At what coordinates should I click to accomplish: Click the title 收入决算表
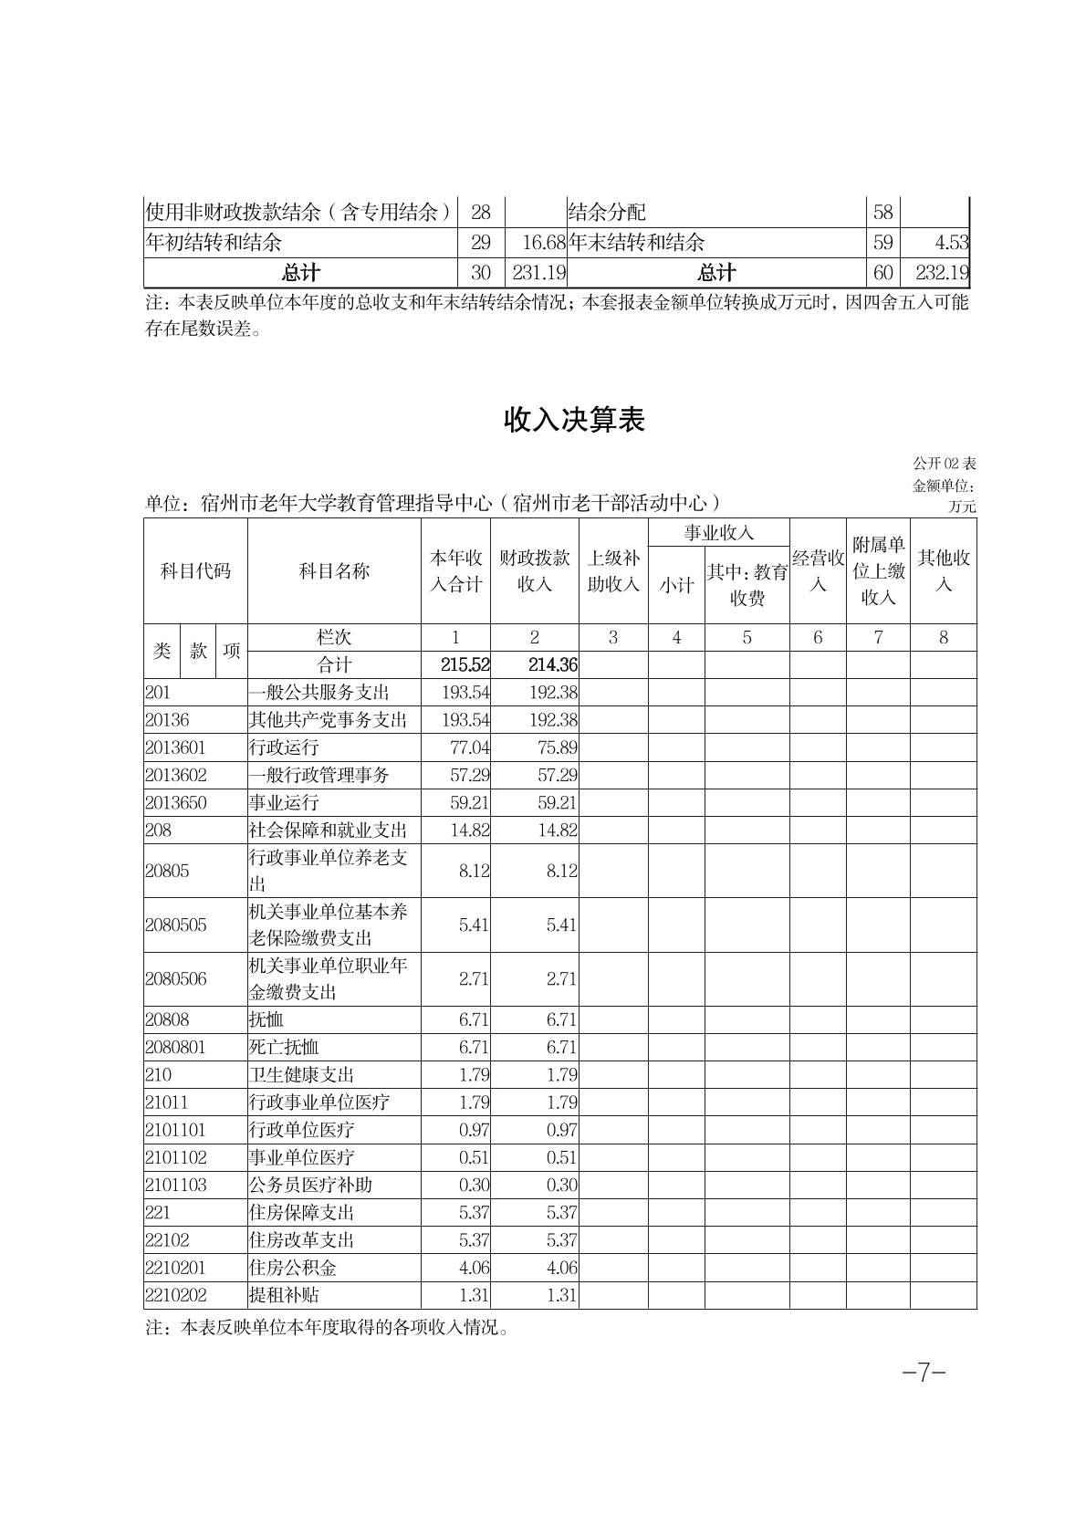click(x=575, y=420)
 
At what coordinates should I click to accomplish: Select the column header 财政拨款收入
click(x=534, y=570)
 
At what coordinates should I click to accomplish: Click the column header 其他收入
click(x=943, y=570)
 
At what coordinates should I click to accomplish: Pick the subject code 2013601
click(x=176, y=747)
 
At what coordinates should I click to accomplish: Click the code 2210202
click(x=176, y=1295)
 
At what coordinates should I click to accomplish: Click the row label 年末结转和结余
click(x=636, y=243)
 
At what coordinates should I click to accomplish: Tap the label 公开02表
click(x=944, y=465)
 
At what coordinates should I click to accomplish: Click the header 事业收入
click(x=718, y=533)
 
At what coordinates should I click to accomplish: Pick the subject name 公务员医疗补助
click(x=310, y=1185)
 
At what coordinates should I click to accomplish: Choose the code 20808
click(x=167, y=1019)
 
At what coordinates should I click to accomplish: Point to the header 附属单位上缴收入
click(x=878, y=570)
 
